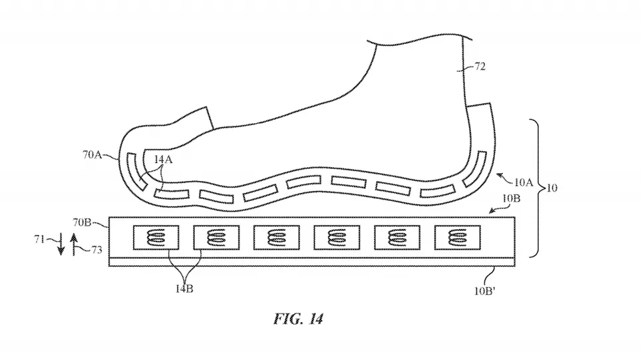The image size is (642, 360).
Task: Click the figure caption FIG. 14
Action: click(298, 319)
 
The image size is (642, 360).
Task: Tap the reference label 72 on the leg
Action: click(480, 66)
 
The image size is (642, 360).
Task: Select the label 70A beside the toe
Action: click(92, 155)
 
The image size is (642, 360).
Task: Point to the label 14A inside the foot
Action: click(164, 159)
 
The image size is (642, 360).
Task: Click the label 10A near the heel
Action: click(524, 182)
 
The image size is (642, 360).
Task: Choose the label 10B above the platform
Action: click(512, 198)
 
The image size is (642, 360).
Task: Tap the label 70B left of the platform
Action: click(82, 222)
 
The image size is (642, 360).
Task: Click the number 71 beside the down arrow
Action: click(39, 239)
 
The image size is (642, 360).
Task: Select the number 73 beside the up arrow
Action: click(96, 250)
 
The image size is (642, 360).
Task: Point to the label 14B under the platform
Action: click(184, 289)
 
